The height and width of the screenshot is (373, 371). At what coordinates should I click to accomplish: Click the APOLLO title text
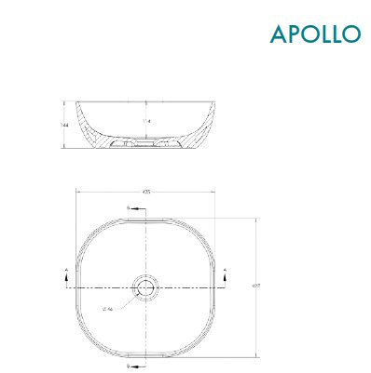pyautogui.click(x=315, y=33)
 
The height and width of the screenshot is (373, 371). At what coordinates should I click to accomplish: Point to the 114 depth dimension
pyautogui.click(x=145, y=120)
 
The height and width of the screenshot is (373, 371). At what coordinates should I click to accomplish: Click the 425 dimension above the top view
pyautogui.click(x=145, y=192)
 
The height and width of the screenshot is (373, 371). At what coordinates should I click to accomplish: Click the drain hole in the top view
pyautogui.click(x=145, y=287)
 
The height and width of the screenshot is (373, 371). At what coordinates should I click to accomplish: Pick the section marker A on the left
pyautogui.click(x=66, y=272)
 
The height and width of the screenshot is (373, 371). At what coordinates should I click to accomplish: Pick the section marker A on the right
pyautogui.click(x=226, y=272)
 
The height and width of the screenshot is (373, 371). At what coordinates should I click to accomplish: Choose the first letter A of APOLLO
pyautogui.click(x=277, y=33)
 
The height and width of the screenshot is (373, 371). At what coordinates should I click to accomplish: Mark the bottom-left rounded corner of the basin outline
pyautogui.click(x=89, y=344)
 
